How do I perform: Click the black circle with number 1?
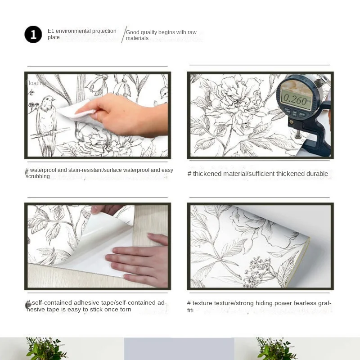click(x=33, y=35)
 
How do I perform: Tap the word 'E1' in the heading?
click(x=51, y=31)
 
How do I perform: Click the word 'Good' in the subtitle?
click(x=132, y=32)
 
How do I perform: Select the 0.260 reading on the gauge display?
click(x=295, y=100)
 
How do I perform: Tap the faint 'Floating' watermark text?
click(x=36, y=83)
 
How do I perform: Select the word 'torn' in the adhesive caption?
click(x=126, y=310)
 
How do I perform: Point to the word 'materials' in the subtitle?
click(x=137, y=38)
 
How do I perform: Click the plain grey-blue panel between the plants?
click(x=179, y=349)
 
